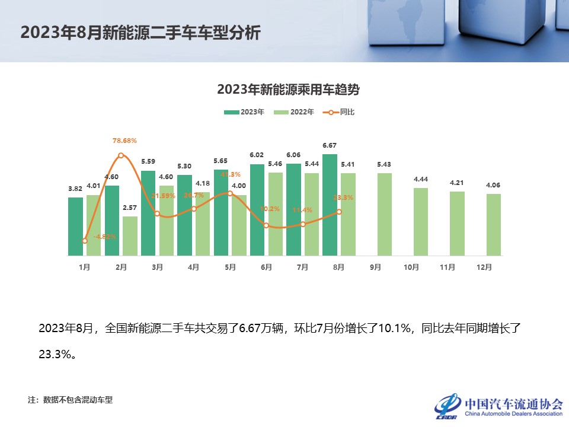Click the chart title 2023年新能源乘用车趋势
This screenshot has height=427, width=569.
tap(289, 90)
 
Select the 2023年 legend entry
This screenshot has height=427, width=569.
tap(244, 112)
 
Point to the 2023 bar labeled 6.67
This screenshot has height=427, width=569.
tap(330, 205)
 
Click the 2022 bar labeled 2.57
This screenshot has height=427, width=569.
tap(130, 235)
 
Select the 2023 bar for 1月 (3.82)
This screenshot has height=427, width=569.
tap(76, 226)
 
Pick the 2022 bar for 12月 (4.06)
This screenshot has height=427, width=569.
tap(493, 224)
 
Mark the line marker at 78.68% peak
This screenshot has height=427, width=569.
tap(121, 155)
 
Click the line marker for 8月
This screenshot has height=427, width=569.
tap(339, 212)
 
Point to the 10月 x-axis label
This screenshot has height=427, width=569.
tap(411, 267)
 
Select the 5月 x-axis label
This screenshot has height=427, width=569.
tap(230, 267)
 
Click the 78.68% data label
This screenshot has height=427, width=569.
tap(124, 141)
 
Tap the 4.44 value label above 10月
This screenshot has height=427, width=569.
tap(421, 179)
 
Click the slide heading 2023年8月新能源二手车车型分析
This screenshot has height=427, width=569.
tap(140, 32)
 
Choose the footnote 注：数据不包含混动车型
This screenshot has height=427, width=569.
tap(70, 400)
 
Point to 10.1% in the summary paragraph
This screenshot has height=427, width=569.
tap(395, 328)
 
